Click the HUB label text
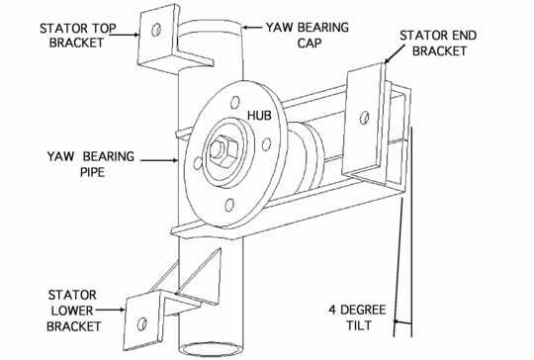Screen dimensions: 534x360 coord(259,116)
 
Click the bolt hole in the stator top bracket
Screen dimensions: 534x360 coord(156,30)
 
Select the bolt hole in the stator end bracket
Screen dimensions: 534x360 coord(364,118)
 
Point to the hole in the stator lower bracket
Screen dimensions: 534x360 coord(142,323)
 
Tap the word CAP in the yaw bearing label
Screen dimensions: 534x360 coord(310,44)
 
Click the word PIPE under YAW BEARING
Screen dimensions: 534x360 coord(92,172)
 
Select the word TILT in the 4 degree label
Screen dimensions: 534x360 coord(359,325)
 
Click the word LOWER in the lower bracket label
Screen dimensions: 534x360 coord(72,311)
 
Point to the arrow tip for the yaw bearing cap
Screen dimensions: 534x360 coord(243,28)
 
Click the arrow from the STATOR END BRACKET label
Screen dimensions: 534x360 coord(393,55)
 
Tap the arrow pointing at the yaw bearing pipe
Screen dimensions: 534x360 coord(159,160)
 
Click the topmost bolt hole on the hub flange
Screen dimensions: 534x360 coord(235,102)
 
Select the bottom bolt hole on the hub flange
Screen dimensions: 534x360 coord(229,205)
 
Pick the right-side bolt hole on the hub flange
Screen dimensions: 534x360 coord(267,144)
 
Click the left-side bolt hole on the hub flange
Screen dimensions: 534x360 coord(198,163)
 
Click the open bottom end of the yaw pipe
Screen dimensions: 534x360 coord(212,350)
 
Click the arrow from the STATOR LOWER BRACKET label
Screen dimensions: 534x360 coord(111,310)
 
